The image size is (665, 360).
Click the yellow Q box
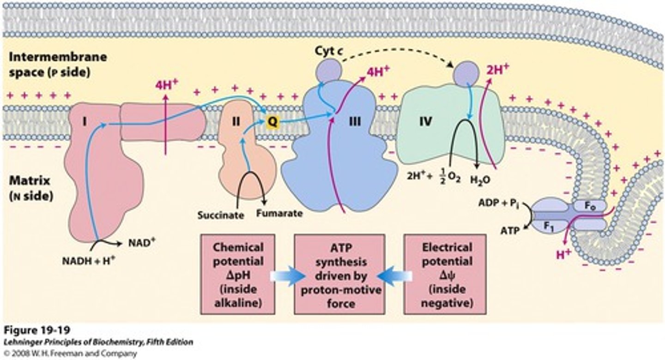(273, 121)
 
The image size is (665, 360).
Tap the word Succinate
(220, 215)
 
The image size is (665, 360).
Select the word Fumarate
(280, 213)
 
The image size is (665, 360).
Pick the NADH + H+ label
(89, 259)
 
